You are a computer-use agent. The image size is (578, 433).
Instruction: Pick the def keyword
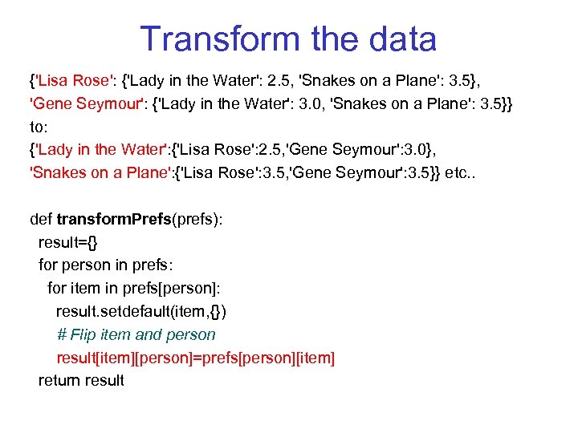41,219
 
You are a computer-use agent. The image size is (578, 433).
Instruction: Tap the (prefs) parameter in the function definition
197,219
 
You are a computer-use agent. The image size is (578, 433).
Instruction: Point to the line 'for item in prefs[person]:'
133,288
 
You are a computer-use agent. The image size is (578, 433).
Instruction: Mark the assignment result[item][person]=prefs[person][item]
195,358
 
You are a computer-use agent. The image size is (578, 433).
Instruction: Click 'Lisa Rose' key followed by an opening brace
73,80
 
